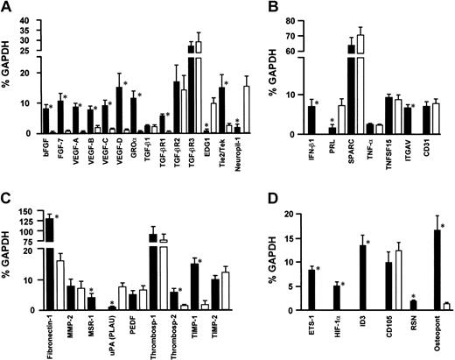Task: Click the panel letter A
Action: pos(9,7)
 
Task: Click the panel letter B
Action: pos(248,7)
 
